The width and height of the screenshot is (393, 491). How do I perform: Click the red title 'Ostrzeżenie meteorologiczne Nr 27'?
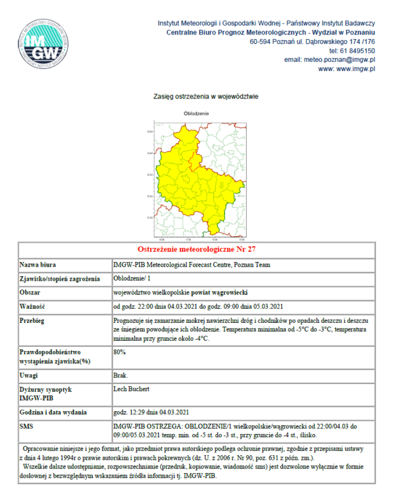(197, 249)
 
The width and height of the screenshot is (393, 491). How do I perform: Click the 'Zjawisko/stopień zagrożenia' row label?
(60, 279)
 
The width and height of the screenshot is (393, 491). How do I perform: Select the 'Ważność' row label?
(34, 305)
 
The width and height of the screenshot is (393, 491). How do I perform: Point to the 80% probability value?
(119, 352)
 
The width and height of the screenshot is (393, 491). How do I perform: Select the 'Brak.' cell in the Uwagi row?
(120, 375)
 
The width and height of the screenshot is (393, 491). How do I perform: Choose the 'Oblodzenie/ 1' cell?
(133, 279)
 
